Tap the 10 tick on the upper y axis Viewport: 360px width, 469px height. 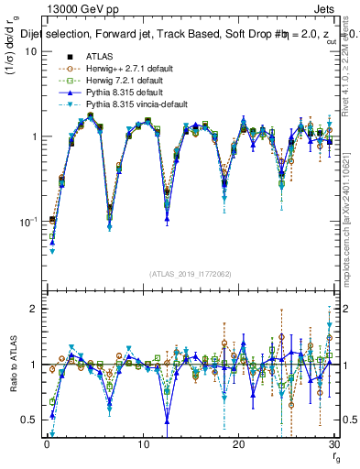30,51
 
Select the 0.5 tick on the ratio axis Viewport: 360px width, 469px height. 28,420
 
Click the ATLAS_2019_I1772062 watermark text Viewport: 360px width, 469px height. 190,274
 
